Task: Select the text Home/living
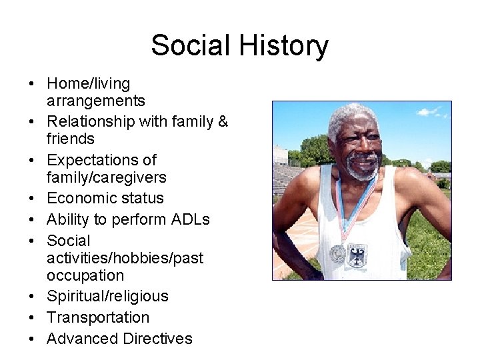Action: click(x=89, y=84)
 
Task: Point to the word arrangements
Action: click(x=95, y=101)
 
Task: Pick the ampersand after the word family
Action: click(x=222, y=122)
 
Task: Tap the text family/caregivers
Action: click(x=106, y=177)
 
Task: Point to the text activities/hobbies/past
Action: click(x=125, y=257)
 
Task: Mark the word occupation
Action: click(x=85, y=275)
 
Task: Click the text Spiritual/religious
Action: click(x=107, y=296)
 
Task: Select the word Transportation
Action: click(x=98, y=317)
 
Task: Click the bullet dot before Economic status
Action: click(x=31, y=199)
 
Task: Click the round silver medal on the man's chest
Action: click(x=338, y=253)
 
